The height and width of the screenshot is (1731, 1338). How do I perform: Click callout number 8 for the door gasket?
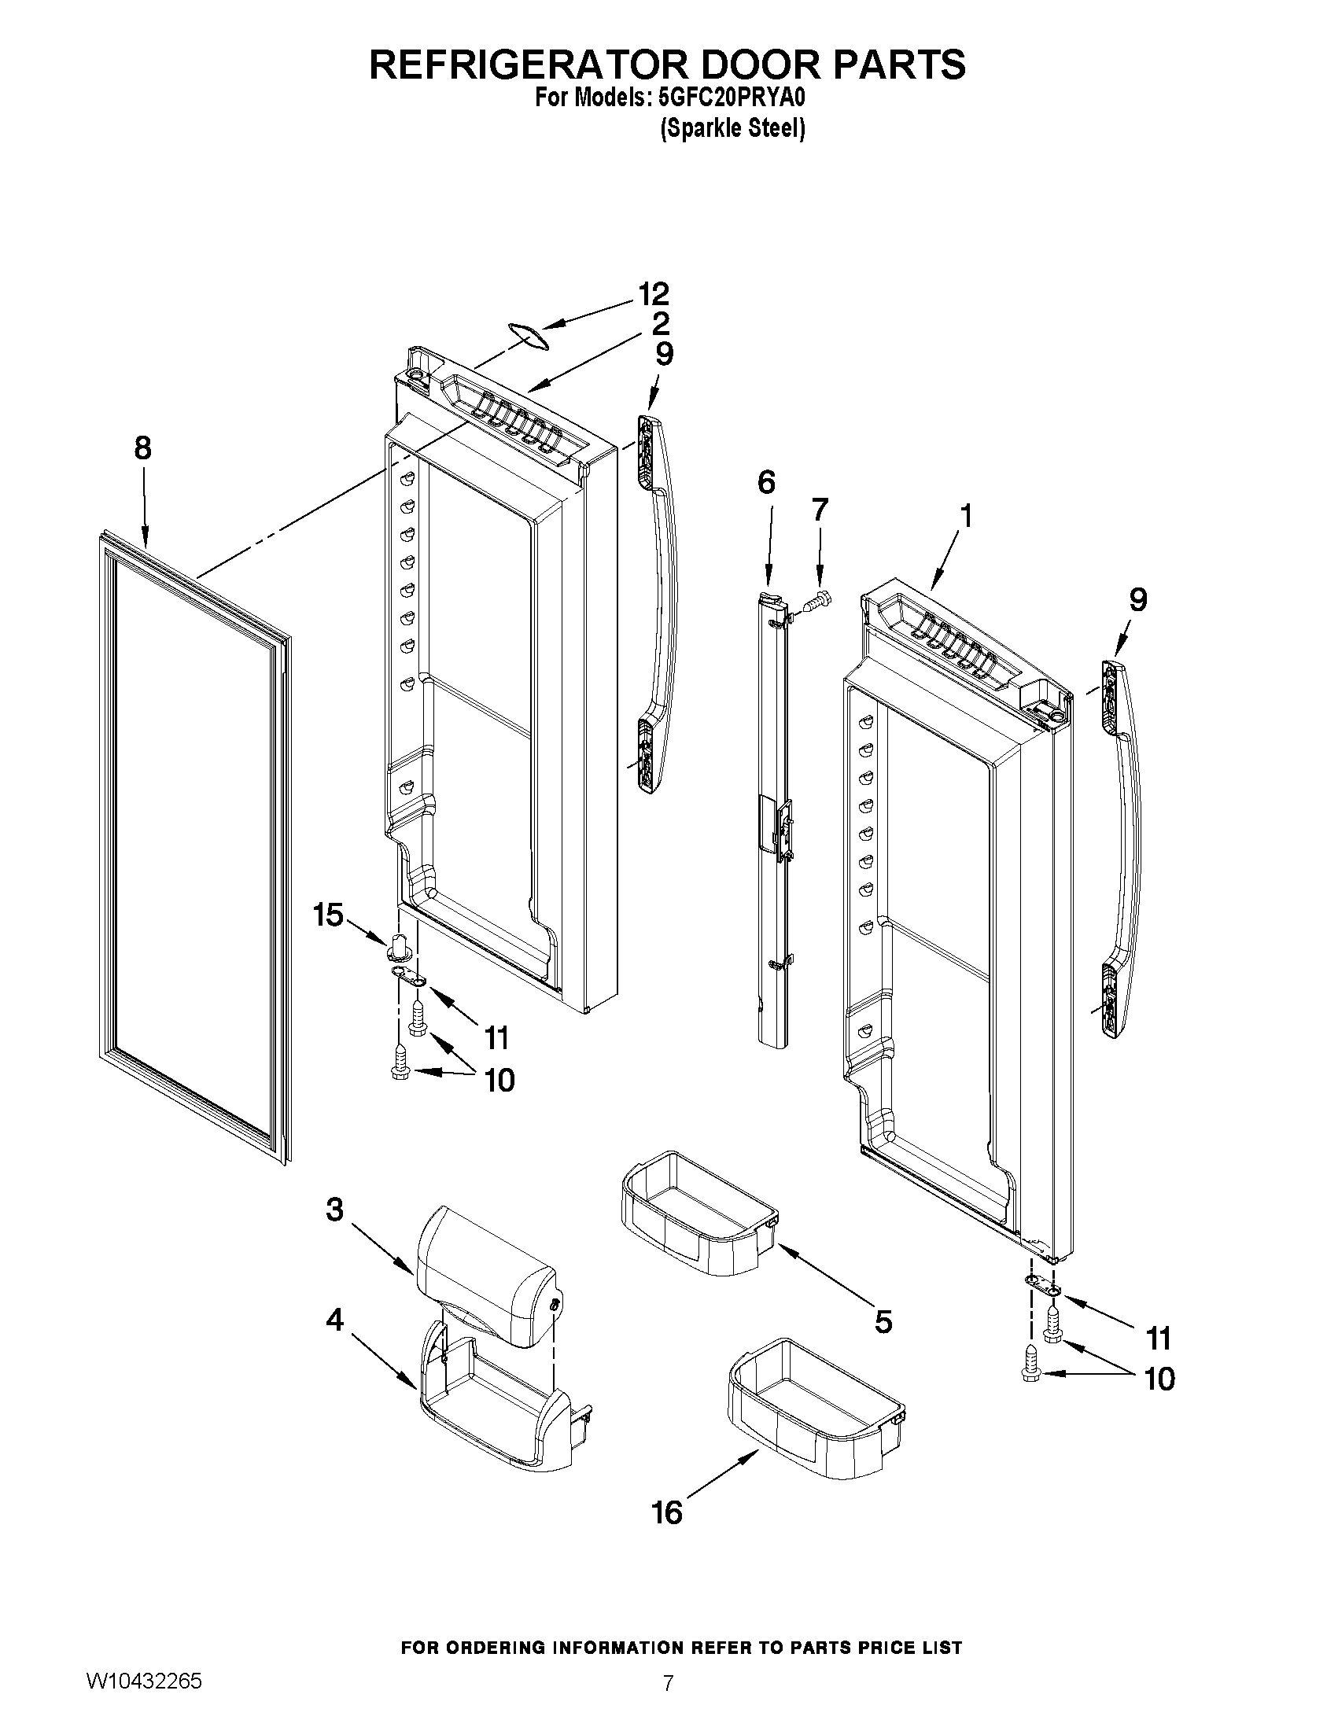142,448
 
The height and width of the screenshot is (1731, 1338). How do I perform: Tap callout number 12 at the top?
654,294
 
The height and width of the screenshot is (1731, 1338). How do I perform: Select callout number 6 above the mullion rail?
765,482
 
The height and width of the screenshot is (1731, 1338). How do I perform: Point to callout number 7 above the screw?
820,510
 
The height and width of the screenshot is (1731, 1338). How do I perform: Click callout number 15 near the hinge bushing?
329,915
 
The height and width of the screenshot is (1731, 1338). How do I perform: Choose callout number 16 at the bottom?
666,1512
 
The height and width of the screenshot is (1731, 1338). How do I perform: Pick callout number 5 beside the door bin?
883,1321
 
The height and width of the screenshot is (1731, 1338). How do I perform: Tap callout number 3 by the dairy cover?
334,1210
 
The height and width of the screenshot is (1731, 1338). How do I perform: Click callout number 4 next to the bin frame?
334,1320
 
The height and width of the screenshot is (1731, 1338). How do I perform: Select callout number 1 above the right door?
965,516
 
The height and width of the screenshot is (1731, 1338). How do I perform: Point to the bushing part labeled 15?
400,948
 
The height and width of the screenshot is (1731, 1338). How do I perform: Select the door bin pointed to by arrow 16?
816,1411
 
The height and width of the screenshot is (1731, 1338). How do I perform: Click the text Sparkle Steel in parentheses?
732,128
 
